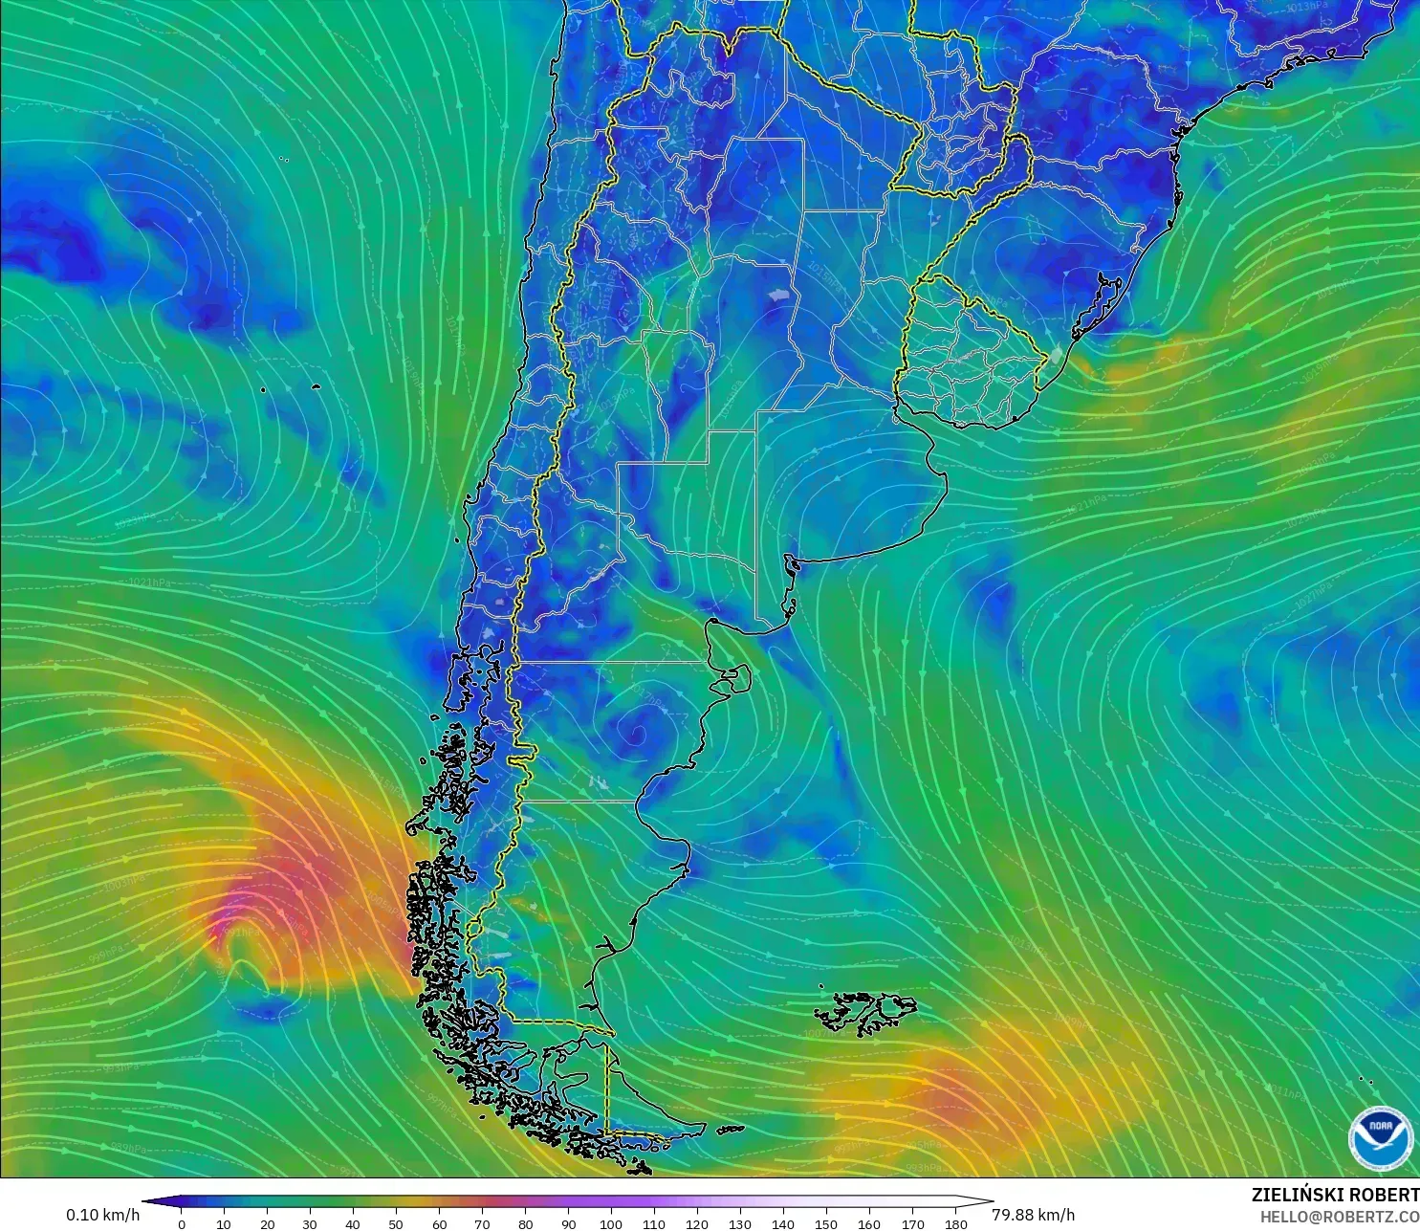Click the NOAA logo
coord(1380,1137)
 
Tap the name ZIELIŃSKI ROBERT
coord(1335,1195)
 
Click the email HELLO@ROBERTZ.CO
coord(1339,1217)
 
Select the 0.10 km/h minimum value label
coord(102,1215)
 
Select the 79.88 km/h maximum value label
coord(1033,1215)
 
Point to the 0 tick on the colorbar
coord(182,1223)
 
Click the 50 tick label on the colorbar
coord(396,1223)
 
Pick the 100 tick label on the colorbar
coord(611,1223)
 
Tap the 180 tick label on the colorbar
coord(955,1223)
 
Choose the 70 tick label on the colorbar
coord(482,1223)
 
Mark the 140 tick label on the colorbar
coord(783,1223)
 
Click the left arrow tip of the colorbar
coord(146,1201)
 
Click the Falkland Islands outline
coord(865,1012)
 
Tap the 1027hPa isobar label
coord(1316,593)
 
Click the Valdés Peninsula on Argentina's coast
coord(734,678)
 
